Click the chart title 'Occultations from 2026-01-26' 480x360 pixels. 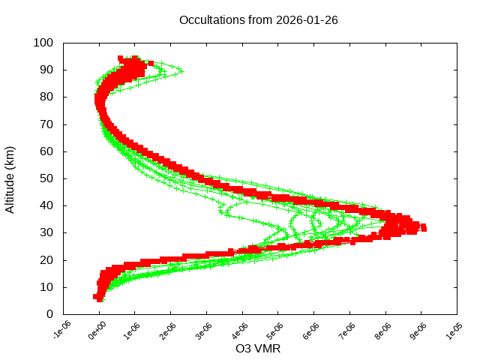[258, 20]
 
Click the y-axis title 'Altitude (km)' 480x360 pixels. [10, 178]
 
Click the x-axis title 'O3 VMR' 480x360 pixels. [258, 348]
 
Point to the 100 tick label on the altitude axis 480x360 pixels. [43, 43]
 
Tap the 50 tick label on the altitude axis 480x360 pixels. [46, 178]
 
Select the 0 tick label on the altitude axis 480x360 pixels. [49, 314]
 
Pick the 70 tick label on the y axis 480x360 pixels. [46, 124]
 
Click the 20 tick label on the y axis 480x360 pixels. [46, 260]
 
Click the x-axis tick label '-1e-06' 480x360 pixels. [61, 331]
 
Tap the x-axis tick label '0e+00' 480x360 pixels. [97, 331]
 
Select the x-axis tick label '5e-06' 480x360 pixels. [277, 331]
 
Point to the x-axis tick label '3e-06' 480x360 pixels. [205, 331]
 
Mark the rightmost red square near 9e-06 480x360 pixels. [424, 227]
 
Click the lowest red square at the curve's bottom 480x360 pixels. [100, 298]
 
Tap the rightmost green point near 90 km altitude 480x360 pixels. [181, 71]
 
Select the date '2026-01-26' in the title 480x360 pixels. [307, 20]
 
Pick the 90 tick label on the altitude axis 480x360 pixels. [46, 70]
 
